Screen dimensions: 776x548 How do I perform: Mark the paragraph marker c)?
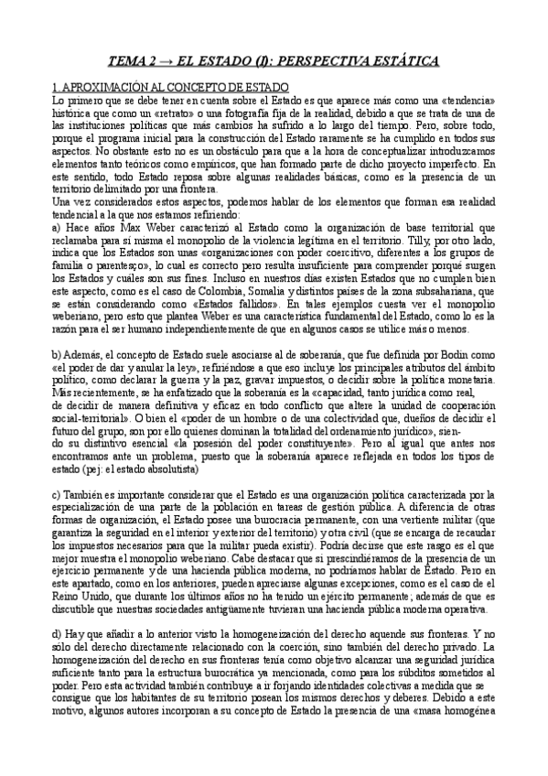point(58,495)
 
